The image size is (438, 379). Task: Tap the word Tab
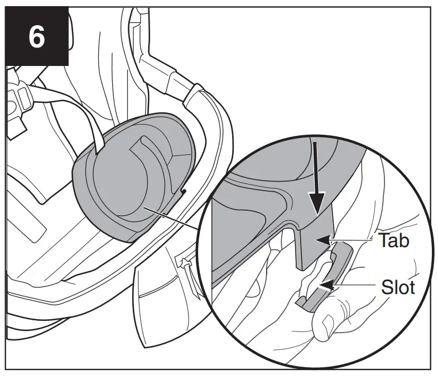(394, 240)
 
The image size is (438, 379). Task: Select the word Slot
(398, 287)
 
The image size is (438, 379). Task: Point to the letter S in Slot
(387, 287)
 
